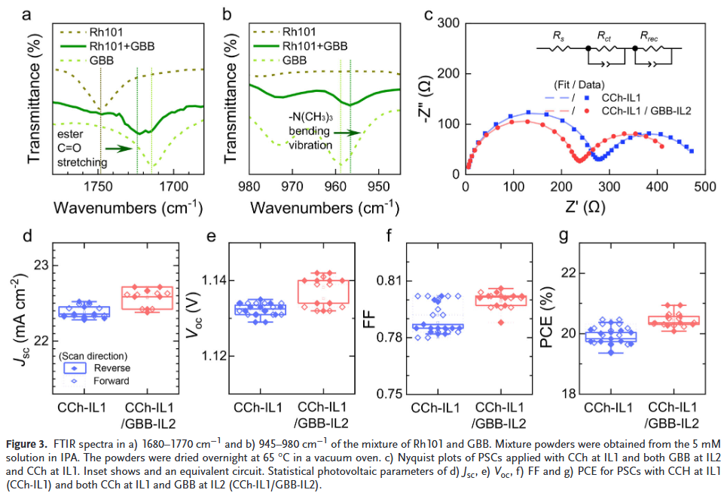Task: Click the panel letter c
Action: pyautogui.click(x=428, y=14)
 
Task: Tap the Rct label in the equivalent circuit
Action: pyautogui.click(x=604, y=35)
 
